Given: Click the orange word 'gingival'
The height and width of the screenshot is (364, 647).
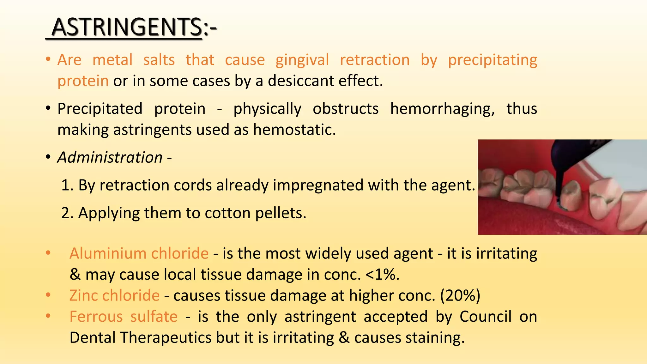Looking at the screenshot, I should click(x=302, y=60).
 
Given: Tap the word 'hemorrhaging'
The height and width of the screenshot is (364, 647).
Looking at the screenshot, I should click(x=442, y=109).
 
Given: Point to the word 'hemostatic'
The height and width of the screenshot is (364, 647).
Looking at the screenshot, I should click(x=294, y=130).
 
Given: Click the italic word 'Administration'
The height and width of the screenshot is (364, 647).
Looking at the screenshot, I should click(x=110, y=157).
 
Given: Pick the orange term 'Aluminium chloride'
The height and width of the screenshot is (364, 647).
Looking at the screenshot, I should click(x=139, y=253).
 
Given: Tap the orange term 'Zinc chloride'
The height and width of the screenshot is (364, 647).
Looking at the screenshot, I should click(x=114, y=296).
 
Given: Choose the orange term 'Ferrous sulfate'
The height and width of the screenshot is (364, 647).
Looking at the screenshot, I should click(x=124, y=317).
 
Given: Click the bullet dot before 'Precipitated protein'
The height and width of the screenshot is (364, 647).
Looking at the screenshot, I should click(x=48, y=109).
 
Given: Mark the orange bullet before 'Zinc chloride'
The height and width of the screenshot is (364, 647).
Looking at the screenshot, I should click(x=48, y=295).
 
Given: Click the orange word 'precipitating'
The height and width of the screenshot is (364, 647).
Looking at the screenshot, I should click(x=493, y=60).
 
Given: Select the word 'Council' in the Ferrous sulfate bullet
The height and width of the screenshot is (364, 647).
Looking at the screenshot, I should click(x=485, y=317).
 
